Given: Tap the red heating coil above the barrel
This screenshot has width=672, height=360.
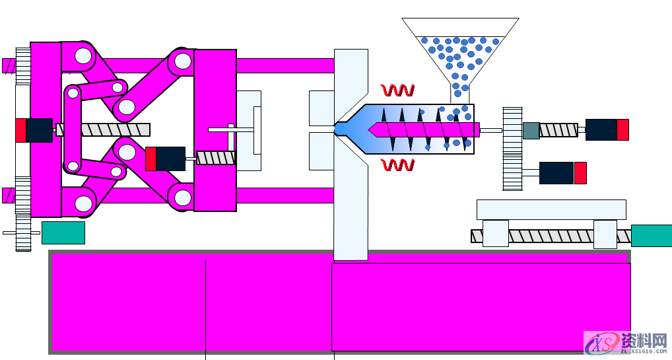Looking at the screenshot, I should [397, 90].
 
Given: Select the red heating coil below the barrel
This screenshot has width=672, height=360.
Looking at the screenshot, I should [397, 164].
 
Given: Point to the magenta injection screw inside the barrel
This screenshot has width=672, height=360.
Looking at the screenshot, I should [422, 129].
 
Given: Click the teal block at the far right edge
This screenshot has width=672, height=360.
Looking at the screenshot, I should [651, 236].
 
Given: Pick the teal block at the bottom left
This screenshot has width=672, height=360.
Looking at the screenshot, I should [63, 233].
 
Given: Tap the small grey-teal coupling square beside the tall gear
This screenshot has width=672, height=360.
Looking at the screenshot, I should [531, 130].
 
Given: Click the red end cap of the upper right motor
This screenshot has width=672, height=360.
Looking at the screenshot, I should [622, 129].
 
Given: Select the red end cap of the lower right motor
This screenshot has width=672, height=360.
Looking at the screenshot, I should [580, 173].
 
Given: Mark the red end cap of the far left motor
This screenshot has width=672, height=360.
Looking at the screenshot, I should [20, 130].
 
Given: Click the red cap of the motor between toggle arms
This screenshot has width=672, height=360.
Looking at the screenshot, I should [151, 159].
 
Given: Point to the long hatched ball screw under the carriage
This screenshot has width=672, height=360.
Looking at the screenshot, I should [551, 236].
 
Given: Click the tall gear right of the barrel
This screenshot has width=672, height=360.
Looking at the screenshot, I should [512, 149].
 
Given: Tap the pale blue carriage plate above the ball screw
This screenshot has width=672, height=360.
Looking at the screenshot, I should [551, 209].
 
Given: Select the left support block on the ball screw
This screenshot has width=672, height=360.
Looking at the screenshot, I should [495, 234].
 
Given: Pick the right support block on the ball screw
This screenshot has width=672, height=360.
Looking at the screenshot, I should [605, 234].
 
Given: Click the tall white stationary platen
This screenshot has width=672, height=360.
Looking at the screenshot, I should [351, 198].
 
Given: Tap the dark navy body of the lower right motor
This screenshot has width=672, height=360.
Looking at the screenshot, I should [556, 173].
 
